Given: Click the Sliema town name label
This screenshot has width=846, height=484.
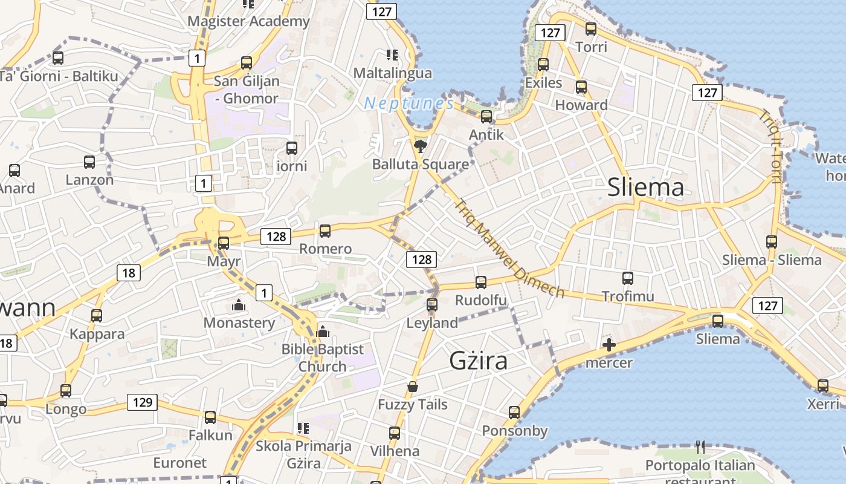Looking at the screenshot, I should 645,188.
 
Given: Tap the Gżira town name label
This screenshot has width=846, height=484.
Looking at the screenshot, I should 478,361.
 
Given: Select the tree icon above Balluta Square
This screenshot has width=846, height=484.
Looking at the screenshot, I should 420,145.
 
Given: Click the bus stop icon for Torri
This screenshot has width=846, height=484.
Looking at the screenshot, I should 591,28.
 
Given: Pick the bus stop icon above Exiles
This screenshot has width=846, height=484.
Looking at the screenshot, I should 543,65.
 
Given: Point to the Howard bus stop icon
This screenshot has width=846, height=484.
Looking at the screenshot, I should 581,87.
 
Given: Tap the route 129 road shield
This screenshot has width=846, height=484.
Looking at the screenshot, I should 143,402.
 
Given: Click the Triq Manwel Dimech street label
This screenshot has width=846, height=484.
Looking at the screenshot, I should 511,249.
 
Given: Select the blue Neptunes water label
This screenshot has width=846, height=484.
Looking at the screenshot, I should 408,103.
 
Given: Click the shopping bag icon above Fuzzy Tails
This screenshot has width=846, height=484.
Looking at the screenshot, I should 413,386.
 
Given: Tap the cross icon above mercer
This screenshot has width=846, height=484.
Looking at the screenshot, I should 609,345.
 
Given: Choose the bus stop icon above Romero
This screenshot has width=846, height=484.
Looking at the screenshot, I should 325,231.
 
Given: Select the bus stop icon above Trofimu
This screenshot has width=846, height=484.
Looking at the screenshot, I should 628,278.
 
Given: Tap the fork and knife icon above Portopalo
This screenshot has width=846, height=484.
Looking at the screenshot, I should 700,447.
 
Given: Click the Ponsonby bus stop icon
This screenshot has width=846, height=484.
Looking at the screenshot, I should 514,413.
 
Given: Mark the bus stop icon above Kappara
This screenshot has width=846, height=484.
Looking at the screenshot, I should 97,316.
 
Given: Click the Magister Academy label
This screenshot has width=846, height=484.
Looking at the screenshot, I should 248,22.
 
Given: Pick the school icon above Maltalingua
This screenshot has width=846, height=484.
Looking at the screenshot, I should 392,55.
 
